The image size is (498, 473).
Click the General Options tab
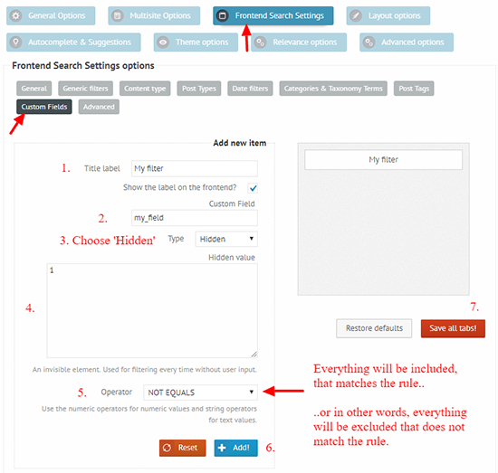tap(51, 15)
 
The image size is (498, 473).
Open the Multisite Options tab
tap(154, 15)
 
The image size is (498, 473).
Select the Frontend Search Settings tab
tap(273, 15)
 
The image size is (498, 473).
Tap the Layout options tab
tap(388, 15)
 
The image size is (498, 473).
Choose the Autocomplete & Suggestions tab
tap(73, 43)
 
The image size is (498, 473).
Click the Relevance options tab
tap(299, 43)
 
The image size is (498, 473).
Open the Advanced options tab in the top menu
tap(407, 43)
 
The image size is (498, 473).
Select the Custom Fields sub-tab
tap(44, 107)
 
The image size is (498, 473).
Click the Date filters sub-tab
tap(250, 89)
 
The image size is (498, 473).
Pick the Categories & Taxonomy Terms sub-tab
tap(333, 89)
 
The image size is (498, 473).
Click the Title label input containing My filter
tap(195, 168)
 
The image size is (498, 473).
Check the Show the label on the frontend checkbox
tap(253, 188)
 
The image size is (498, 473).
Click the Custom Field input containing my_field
tap(195, 218)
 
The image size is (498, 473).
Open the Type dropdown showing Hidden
tap(226, 239)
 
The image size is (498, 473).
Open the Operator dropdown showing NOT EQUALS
tap(200, 393)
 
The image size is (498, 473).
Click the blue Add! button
tap(235, 448)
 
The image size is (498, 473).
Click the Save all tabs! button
tap(453, 328)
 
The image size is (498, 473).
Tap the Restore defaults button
tap(374, 328)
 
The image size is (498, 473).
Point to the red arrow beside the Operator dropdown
tap(283, 392)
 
